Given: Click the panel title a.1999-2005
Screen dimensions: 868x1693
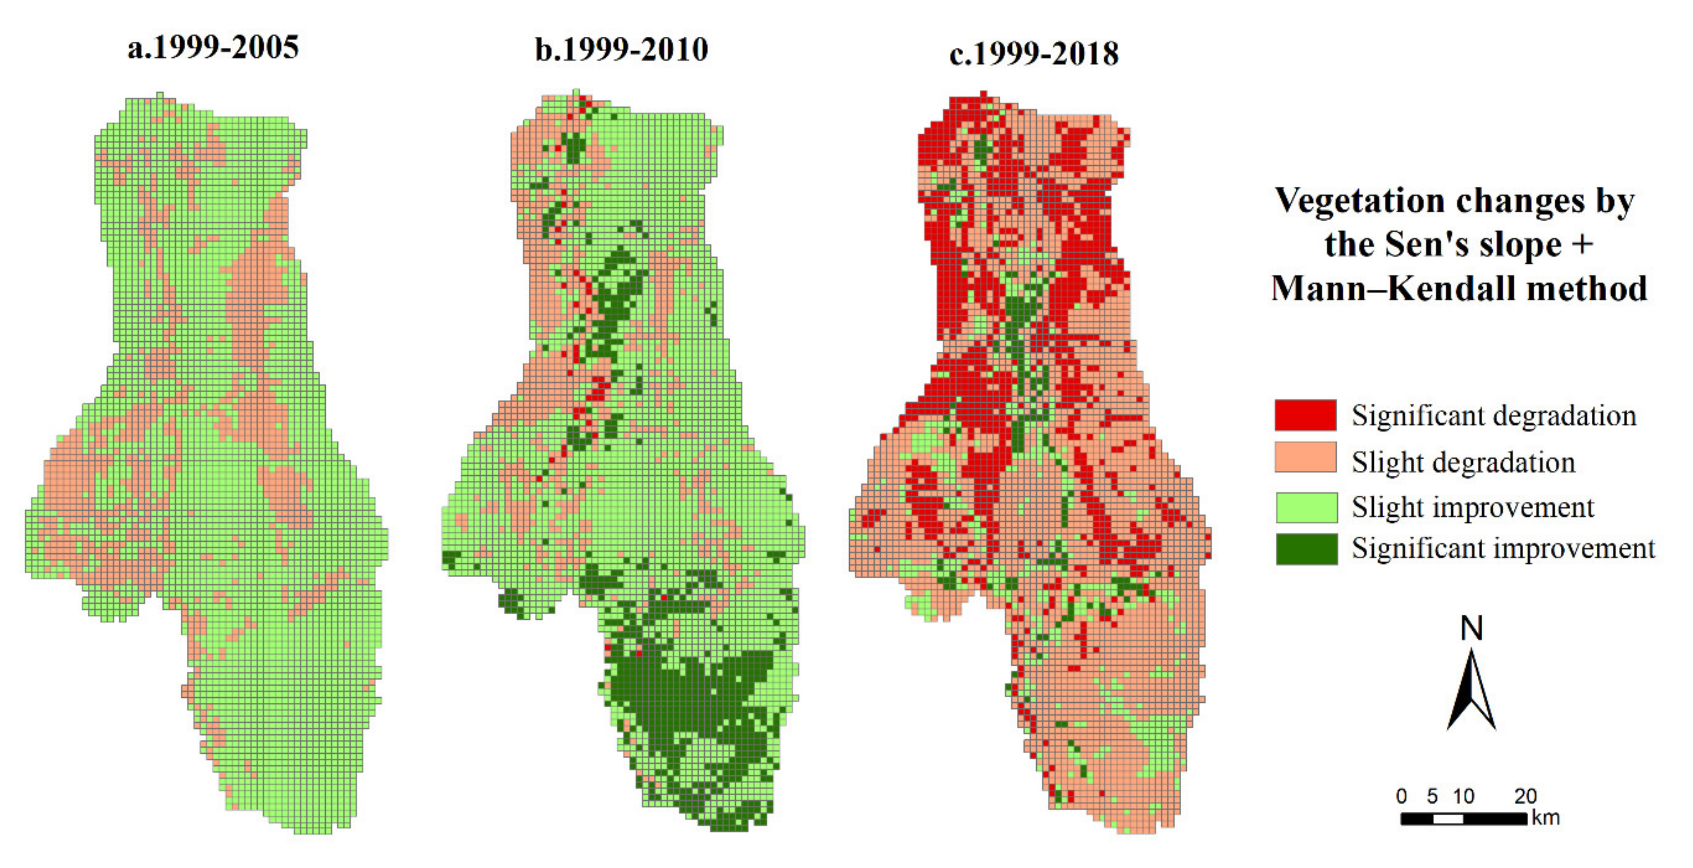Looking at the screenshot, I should pos(213,47).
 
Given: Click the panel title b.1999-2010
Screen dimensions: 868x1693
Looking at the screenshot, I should pos(621,50).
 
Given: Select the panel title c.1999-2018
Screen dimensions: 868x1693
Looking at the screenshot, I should pos(1034,53).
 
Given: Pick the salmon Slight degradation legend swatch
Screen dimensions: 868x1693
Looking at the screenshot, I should pos(1305,457).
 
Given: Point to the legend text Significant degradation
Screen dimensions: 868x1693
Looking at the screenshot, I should pos(1493,416).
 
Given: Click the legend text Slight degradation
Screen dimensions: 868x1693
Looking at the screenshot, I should pos(1463,462).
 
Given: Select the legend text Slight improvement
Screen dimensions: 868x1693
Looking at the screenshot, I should pos(1472,507).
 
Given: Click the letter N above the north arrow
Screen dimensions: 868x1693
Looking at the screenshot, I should pos(1471,629).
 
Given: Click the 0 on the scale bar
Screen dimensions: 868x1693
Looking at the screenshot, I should pos(1401,796).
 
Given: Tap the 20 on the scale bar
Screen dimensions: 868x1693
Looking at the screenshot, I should pos(1525,796).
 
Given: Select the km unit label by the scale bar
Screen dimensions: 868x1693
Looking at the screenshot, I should pos(1546,818).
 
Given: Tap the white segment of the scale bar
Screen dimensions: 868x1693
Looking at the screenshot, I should pos(1448,819).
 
